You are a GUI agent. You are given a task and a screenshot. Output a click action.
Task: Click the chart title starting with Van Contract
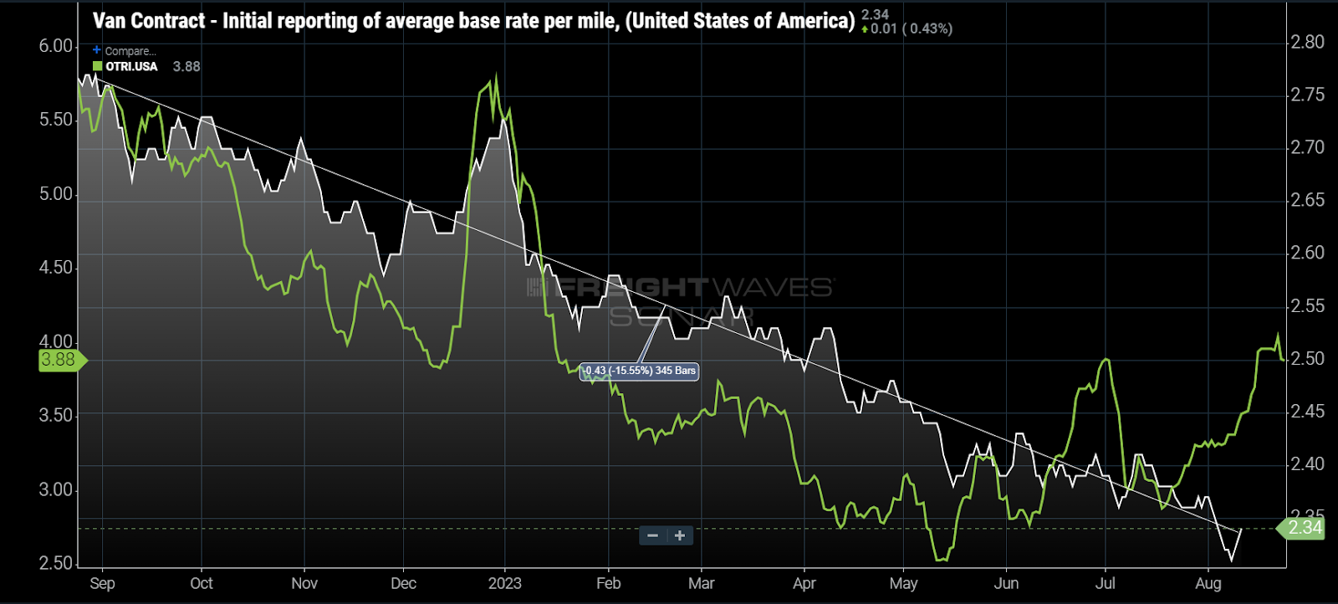[473, 21]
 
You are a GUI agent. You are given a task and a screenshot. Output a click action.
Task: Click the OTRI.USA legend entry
[125, 67]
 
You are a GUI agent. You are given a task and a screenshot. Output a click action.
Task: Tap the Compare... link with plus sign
[125, 51]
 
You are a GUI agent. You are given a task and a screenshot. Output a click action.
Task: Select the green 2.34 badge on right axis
[1304, 528]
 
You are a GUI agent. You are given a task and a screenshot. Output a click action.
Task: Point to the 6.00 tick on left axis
[56, 47]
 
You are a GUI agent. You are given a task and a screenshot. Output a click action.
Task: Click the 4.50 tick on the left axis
[56, 268]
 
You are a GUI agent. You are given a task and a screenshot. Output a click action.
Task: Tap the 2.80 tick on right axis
[1307, 42]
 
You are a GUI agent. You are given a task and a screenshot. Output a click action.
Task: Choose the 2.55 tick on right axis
[1307, 306]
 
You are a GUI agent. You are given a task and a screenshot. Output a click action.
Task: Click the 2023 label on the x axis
[504, 584]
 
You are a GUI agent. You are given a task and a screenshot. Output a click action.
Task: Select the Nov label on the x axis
[304, 584]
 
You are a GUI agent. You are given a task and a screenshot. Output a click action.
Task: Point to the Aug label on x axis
[1208, 584]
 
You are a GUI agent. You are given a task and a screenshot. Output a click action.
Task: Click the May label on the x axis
[903, 584]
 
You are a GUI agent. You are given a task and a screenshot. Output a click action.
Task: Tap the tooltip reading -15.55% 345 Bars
[640, 371]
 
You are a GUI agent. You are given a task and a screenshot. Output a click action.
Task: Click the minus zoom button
[653, 535]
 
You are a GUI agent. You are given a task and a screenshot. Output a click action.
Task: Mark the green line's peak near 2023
[497, 78]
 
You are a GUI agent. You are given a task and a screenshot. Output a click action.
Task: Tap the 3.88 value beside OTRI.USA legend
[186, 67]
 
